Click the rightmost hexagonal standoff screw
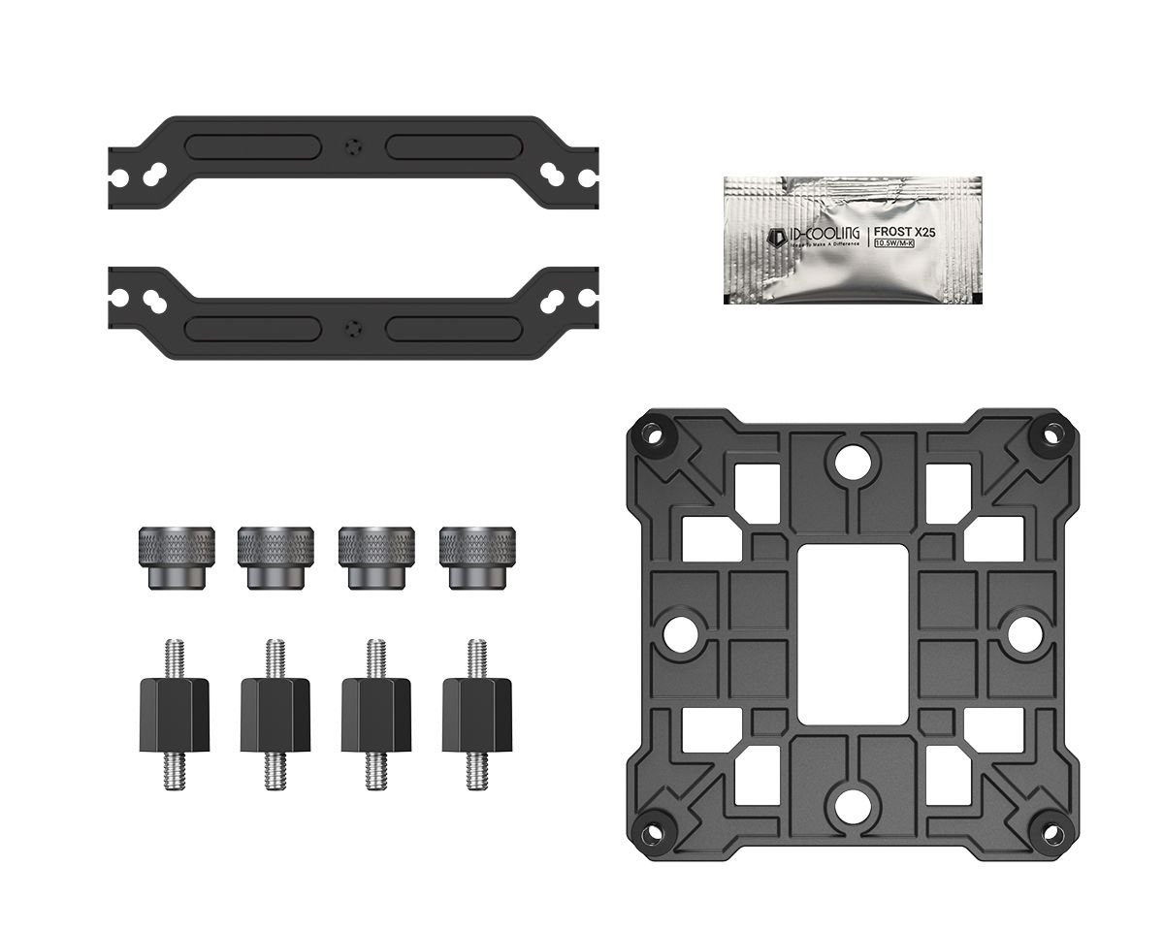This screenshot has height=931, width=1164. pos(476,714)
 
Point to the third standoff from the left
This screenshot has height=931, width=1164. pos(376,714)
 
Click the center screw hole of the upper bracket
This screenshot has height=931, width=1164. pos(352,145)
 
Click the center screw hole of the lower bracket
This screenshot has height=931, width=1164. pos(352,326)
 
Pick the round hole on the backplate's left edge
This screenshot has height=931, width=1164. pos(677,632)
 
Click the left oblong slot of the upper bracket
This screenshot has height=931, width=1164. pos(252,145)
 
